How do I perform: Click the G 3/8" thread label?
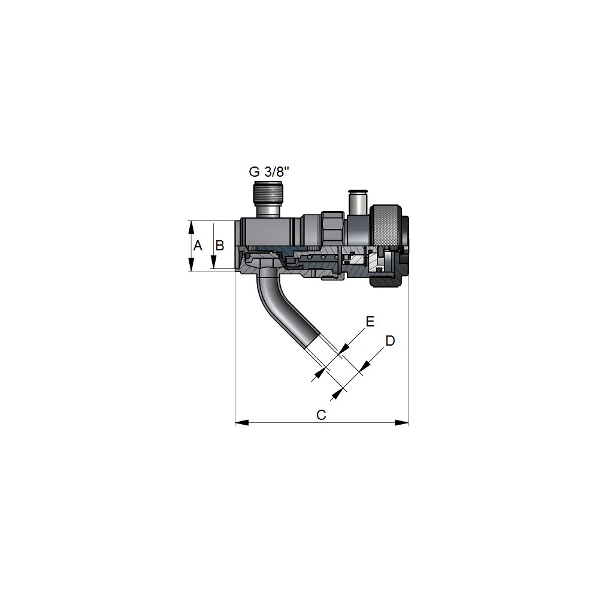tap(269, 172)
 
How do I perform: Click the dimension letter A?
tap(198, 245)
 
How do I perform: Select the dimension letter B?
tap(220, 245)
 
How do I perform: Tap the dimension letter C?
tap(321, 415)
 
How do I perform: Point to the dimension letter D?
tap(390, 340)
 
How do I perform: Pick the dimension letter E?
tap(370, 322)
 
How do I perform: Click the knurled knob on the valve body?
tap(387, 226)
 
